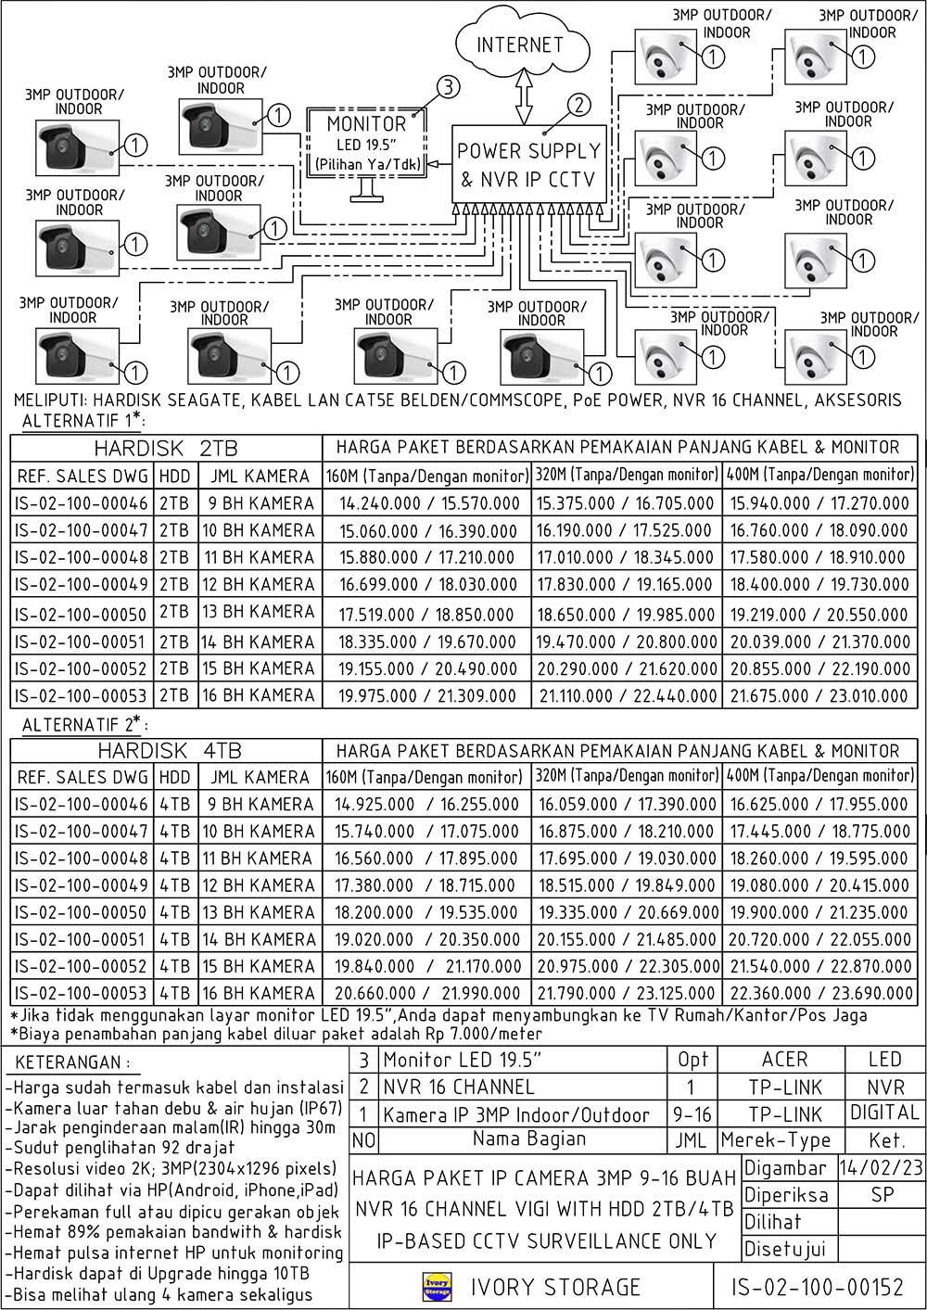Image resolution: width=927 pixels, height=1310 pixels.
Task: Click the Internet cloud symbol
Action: (x=520, y=43)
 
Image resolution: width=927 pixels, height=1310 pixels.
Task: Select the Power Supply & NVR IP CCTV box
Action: (x=529, y=164)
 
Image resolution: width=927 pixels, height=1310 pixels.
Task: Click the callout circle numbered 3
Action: (x=448, y=88)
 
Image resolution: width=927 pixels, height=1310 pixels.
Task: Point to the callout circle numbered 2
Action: (x=578, y=105)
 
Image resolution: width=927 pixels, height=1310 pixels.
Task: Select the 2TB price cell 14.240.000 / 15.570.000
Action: (x=428, y=503)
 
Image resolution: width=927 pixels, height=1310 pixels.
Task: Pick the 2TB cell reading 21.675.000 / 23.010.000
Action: (x=819, y=695)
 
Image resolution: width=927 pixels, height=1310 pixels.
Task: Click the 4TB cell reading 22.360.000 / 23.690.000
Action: (x=820, y=993)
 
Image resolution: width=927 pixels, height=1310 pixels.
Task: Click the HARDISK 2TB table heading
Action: (x=166, y=449)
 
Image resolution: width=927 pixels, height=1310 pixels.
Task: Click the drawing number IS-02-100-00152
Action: (x=817, y=1287)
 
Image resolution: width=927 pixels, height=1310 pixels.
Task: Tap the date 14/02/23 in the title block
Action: (x=881, y=1167)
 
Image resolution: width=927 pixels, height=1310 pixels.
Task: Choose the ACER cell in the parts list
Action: (x=784, y=1060)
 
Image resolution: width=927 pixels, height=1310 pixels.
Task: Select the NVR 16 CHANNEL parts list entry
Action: (x=459, y=1087)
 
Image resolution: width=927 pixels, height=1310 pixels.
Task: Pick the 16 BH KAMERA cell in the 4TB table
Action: (x=260, y=993)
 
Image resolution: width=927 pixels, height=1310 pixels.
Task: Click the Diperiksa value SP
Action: (x=882, y=1194)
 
